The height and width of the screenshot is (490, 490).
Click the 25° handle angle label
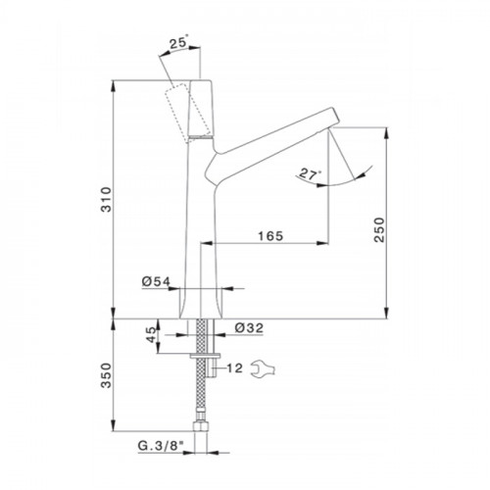pyautogui.click(x=178, y=43)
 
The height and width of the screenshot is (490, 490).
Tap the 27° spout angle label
pyautogui.click(x=310, y=173)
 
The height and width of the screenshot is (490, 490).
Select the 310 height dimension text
pyautogui.click(x=106, y=200)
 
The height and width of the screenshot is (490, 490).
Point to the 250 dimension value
pyautogui.click(x=379, y=229)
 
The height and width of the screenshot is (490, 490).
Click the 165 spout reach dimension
pyautogui.click(x=270, y=236)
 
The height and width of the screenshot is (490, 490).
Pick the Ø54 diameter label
pyautogui.click(x=156, y=281)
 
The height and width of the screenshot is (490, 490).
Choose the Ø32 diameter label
pyautogui.click(x=249, y=327)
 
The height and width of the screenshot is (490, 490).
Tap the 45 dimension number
pyautogui.click(x=151, y=334)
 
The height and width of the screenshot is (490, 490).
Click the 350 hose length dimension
pyautogui.click(x=106, y=375)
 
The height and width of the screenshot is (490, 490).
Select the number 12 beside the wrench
pyautogui.click(x=234, y=368)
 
